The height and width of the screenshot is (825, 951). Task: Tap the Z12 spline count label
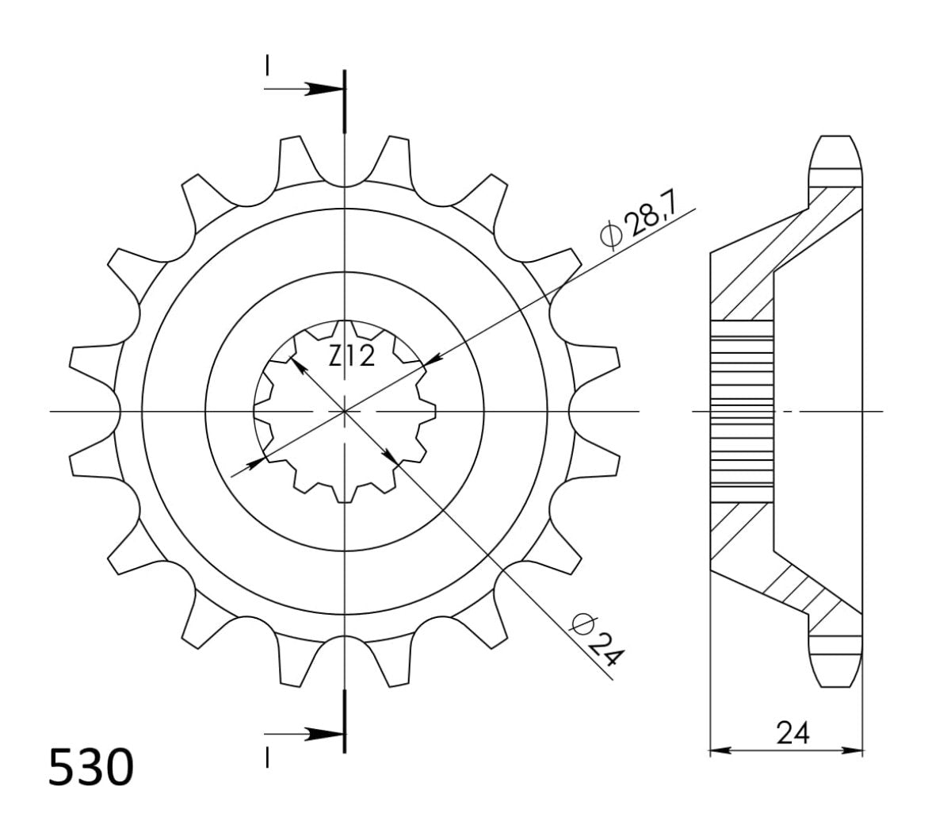click(352, 358)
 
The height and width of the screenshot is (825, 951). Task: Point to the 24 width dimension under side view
click(792, 734)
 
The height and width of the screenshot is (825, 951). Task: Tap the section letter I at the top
click(269, 64)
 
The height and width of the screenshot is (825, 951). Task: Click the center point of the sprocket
click(345, 412)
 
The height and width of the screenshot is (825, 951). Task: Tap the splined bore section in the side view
click(742, 412)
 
